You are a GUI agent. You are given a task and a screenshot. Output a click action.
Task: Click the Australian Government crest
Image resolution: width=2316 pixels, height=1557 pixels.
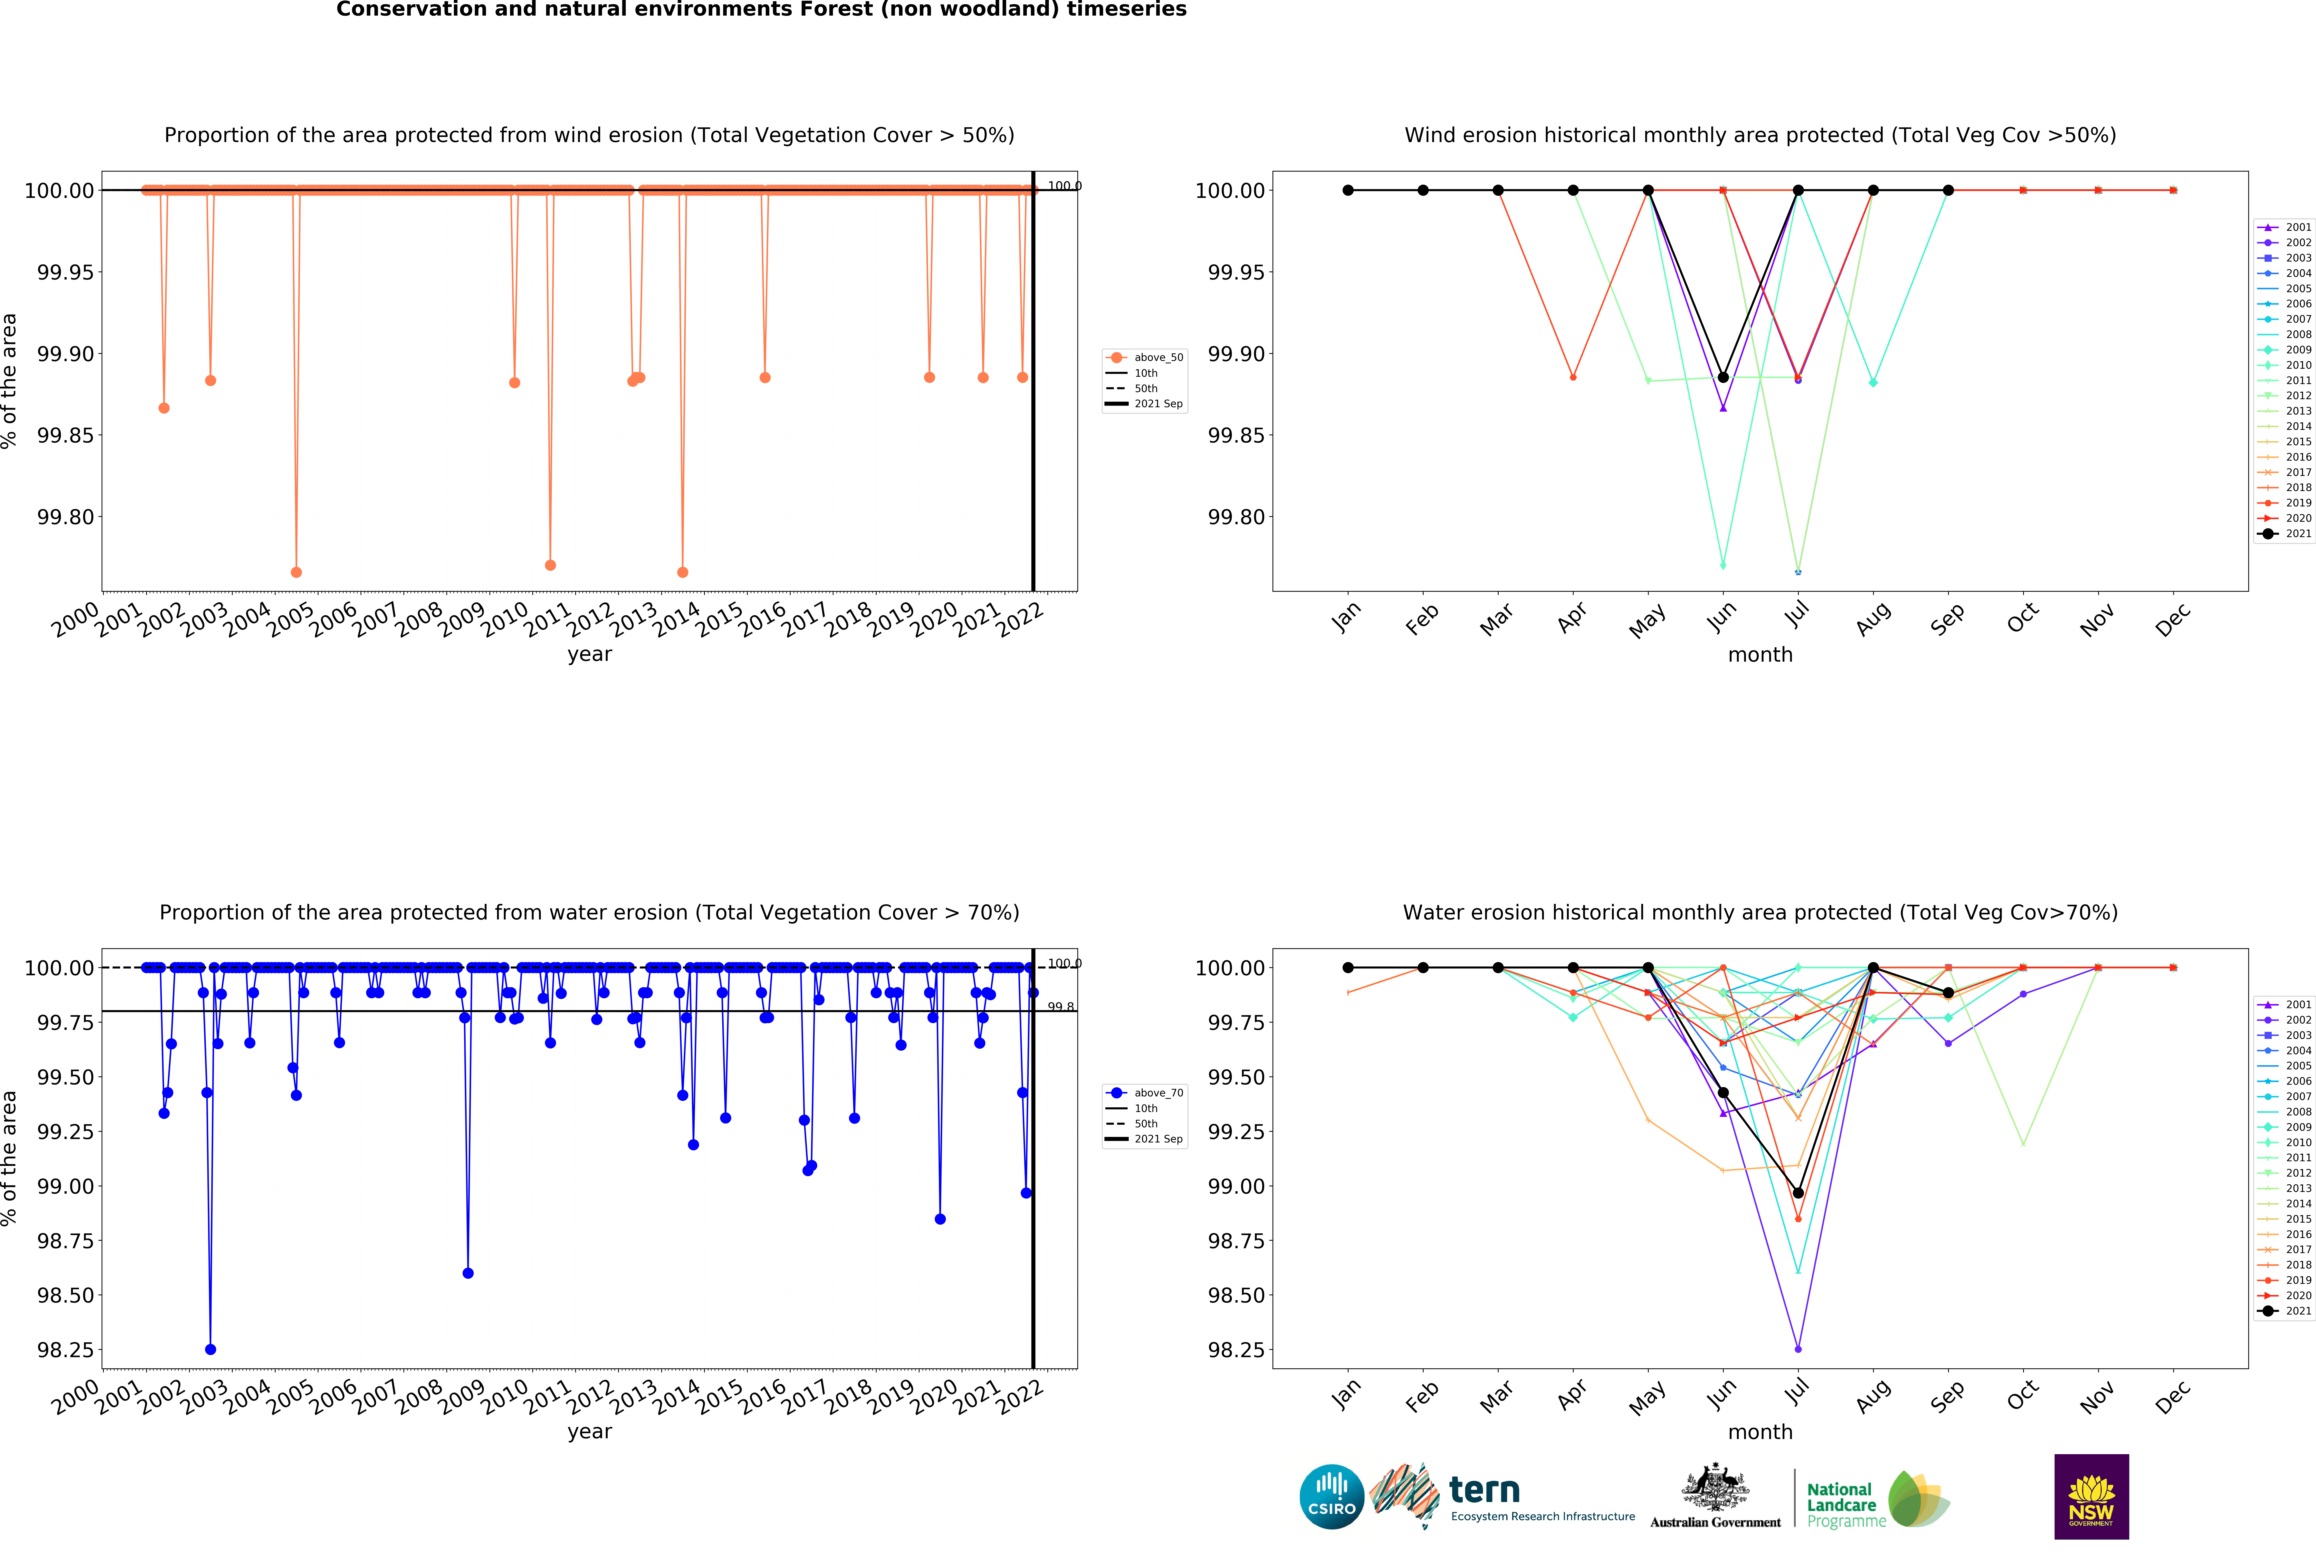(1715, 1488)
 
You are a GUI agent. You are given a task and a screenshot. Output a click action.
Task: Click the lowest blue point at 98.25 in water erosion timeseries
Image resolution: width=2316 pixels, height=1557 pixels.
(211, 1349)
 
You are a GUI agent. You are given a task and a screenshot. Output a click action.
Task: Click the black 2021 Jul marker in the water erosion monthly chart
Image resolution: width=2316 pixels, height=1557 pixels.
(1798, 1193)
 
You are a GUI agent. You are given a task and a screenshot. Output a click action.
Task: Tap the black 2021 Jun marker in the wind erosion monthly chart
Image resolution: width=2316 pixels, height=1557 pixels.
(1723, 377)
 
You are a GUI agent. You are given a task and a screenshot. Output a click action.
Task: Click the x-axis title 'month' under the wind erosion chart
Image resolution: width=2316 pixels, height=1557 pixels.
(1760, 654)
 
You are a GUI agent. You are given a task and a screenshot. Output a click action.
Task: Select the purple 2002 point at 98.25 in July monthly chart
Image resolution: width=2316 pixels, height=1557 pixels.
(1798, 1348)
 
